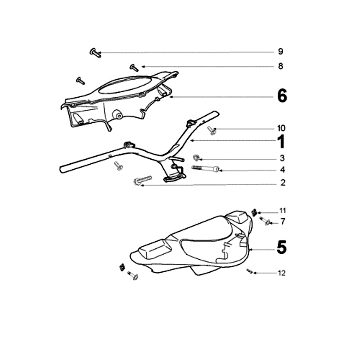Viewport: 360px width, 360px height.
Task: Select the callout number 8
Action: point(280,67)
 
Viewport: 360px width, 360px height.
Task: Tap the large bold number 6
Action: point(282,96)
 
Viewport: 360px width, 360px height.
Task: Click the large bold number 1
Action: point(281,142)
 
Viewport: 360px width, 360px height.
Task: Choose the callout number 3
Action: point(282,158)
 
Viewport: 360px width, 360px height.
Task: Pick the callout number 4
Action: point(282,170)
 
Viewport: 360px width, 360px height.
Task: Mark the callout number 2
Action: point(282,183)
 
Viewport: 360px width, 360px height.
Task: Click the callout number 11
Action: point(282,211)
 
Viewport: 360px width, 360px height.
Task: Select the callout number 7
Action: point(282,221)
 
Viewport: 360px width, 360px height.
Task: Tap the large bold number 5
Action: point(281,247)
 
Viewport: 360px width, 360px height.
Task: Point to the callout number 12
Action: point(282,273)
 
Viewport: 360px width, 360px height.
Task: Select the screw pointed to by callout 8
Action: point(134,67)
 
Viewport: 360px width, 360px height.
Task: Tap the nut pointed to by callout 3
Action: point(197,157)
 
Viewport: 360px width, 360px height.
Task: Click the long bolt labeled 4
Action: point(206,169)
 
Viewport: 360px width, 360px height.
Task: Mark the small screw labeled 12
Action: point(250,271)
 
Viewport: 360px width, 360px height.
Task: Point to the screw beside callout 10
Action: point(212,130)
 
